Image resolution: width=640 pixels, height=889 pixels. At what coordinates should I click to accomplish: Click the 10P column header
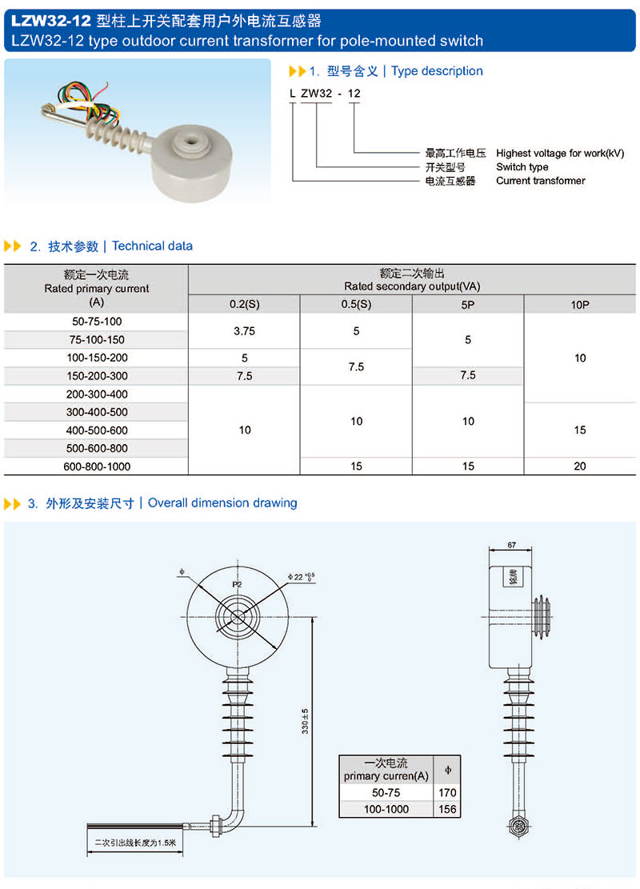580,304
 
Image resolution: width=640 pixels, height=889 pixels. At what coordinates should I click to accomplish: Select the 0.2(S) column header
244,304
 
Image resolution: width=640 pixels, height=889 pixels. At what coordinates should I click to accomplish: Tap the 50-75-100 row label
96,322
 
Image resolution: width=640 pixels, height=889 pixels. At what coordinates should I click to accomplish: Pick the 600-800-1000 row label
96,466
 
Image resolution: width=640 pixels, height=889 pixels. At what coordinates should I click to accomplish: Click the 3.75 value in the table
244,330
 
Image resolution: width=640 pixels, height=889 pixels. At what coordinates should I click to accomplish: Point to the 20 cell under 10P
580,466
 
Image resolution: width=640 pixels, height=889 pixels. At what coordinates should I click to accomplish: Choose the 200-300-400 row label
96,394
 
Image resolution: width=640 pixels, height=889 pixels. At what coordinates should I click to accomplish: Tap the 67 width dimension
512,545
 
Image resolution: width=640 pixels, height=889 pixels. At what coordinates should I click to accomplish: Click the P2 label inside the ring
237,585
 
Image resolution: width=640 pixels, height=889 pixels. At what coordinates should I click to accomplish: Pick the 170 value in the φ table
447,792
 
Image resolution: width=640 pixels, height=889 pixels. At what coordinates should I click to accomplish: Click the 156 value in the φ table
447,809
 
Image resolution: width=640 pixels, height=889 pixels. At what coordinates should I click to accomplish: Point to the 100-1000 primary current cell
386,809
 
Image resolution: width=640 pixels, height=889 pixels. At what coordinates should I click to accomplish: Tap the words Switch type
522,167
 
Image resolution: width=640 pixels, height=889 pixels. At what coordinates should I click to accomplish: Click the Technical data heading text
152,246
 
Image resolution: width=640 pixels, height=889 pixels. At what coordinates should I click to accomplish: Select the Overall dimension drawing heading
222,503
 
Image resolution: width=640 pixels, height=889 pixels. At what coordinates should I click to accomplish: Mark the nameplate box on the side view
514,578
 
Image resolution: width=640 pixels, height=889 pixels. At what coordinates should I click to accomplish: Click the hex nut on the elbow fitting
215,822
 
